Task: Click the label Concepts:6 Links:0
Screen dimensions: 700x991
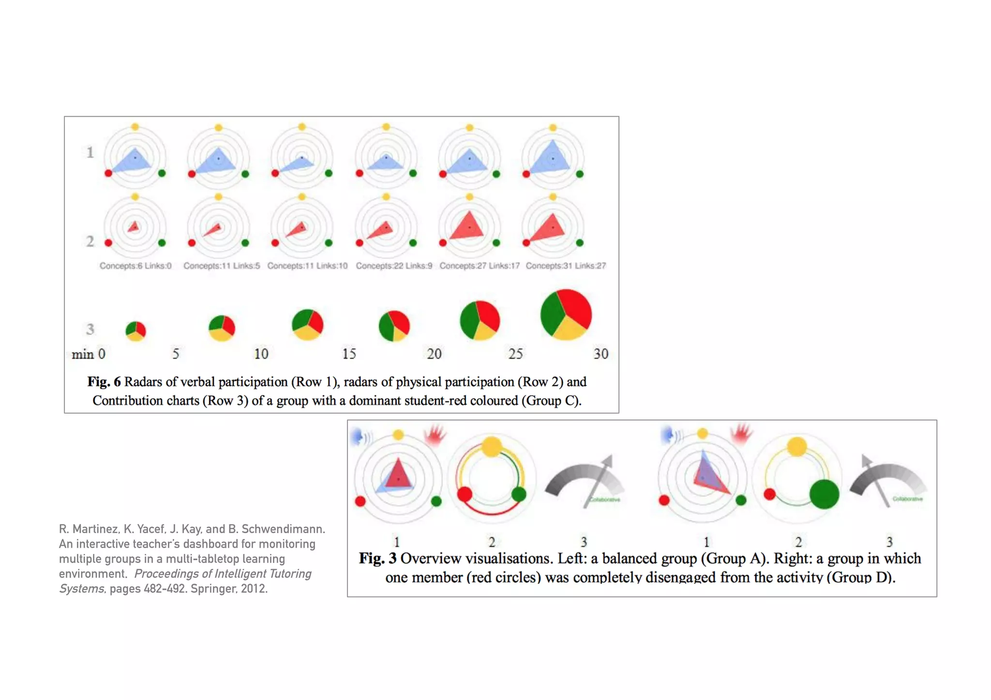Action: point(135,266)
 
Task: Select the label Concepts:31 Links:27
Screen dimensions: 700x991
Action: point(566,266)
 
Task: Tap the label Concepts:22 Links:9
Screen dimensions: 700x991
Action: point(394,266)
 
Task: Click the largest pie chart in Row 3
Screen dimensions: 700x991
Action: point(566,315)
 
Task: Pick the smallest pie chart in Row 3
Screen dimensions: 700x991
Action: point(135,331)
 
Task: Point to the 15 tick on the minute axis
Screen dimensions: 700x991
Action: point(349,354)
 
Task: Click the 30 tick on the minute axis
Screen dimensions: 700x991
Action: point(601,354)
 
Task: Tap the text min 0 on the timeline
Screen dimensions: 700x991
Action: point(89,354)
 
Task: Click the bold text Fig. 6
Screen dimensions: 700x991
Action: point(104,382)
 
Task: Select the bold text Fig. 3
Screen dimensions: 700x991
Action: point(377,558)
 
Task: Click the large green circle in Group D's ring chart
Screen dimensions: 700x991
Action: point(824,494)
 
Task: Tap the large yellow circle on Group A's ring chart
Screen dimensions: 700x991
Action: point(492,447)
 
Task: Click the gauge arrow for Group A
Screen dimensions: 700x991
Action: point(600,479)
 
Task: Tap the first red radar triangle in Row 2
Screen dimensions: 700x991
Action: point(134,226)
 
